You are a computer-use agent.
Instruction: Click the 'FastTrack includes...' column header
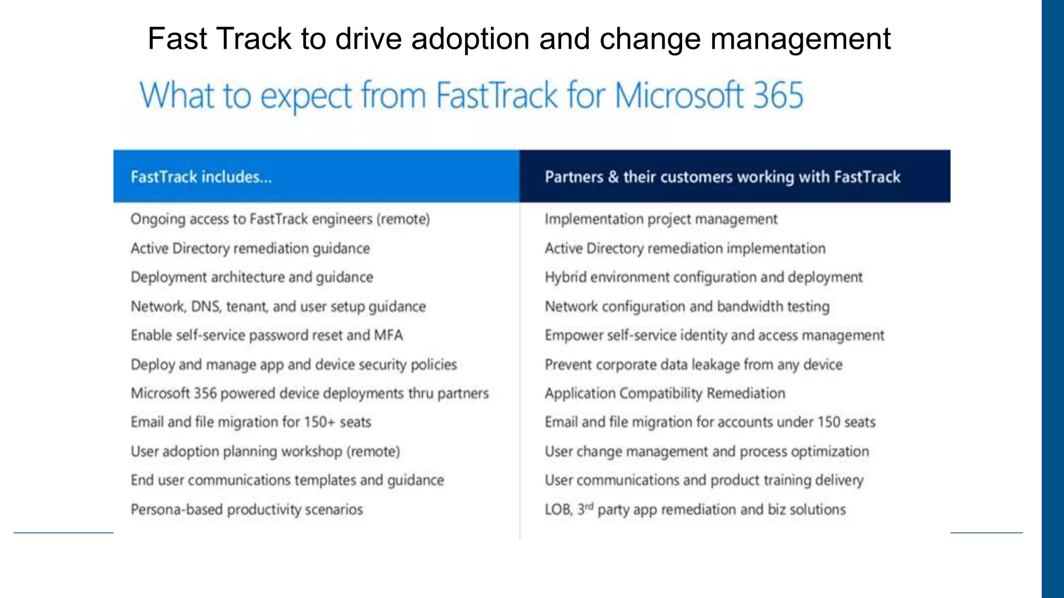pos(201,177)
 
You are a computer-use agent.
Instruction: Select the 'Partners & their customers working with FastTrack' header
pos(722,177)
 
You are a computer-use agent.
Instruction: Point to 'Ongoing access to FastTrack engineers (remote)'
pos(280,219)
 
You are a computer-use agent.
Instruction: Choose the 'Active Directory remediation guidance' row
pos(250,248)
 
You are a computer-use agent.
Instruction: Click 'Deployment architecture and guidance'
pos(252,277)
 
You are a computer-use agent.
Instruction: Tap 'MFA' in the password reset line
pos(388,335)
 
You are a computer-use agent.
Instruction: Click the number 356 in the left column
pos(205,393)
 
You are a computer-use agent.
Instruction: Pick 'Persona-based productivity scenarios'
pos(247,509)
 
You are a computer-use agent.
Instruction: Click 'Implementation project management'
pos(661,219)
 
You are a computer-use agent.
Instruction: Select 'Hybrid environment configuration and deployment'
pos(703,277)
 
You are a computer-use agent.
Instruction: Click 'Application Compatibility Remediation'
pos(665,393)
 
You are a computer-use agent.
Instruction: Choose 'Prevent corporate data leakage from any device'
pos(694,364)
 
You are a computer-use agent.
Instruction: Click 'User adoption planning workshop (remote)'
pos(265,451)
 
